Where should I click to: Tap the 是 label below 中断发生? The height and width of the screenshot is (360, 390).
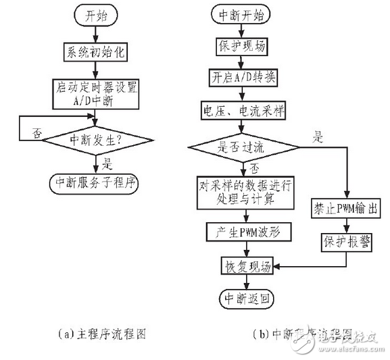(106, 162)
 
